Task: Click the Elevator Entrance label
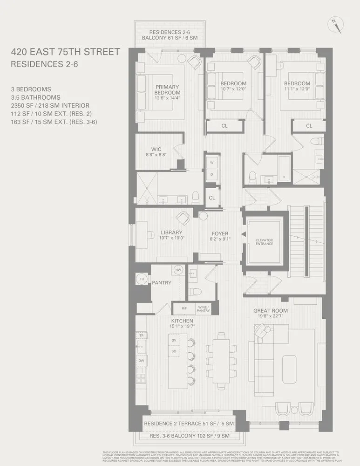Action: coord(264,242)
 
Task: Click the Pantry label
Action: coord(162,282)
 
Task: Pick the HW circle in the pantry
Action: coord(178,270)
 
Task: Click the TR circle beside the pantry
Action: coord(142,280)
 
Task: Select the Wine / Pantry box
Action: coord(204,308)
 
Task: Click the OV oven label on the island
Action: coord(174,341)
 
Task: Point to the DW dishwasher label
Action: coord(141,361)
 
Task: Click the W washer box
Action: coord(212,163)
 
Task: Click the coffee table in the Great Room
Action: coord(289,363)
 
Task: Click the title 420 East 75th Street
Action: coord(65,52)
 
